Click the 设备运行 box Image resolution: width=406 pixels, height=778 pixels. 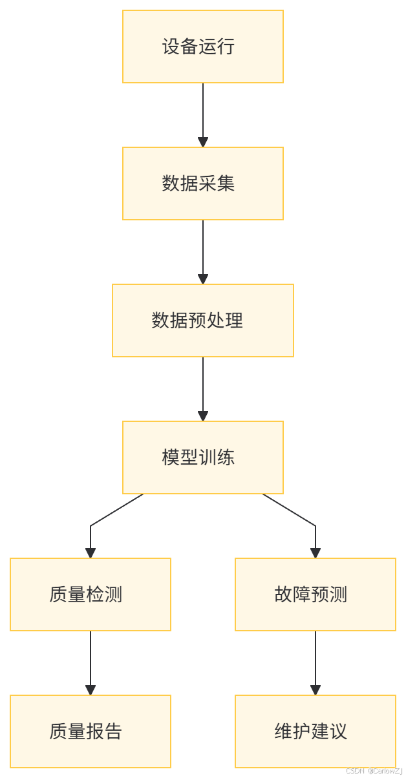point(203,47)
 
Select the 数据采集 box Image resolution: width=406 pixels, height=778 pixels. point(203,184)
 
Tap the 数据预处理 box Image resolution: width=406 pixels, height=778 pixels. point(203,321)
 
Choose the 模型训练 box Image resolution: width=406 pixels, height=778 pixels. point(203,457)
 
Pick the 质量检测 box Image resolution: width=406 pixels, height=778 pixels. point(91,594)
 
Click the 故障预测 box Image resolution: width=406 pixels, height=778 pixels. point(315,594)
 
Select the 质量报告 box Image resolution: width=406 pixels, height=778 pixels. point(91,731)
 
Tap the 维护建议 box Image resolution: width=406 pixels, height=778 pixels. point(315,731)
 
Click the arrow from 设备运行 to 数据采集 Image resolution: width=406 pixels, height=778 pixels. point(203,113)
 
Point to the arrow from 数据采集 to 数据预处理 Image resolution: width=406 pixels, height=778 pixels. point(203,250)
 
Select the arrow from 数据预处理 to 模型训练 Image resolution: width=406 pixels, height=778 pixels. point(203,387)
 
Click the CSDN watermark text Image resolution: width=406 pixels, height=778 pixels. point(374,770)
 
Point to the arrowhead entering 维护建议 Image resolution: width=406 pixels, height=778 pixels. point(315,690)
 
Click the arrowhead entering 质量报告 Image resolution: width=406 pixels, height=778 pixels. point(91,690)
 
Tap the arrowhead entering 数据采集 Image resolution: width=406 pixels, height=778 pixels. point(203,142)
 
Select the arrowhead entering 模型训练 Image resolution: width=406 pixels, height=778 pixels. point(203,416)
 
